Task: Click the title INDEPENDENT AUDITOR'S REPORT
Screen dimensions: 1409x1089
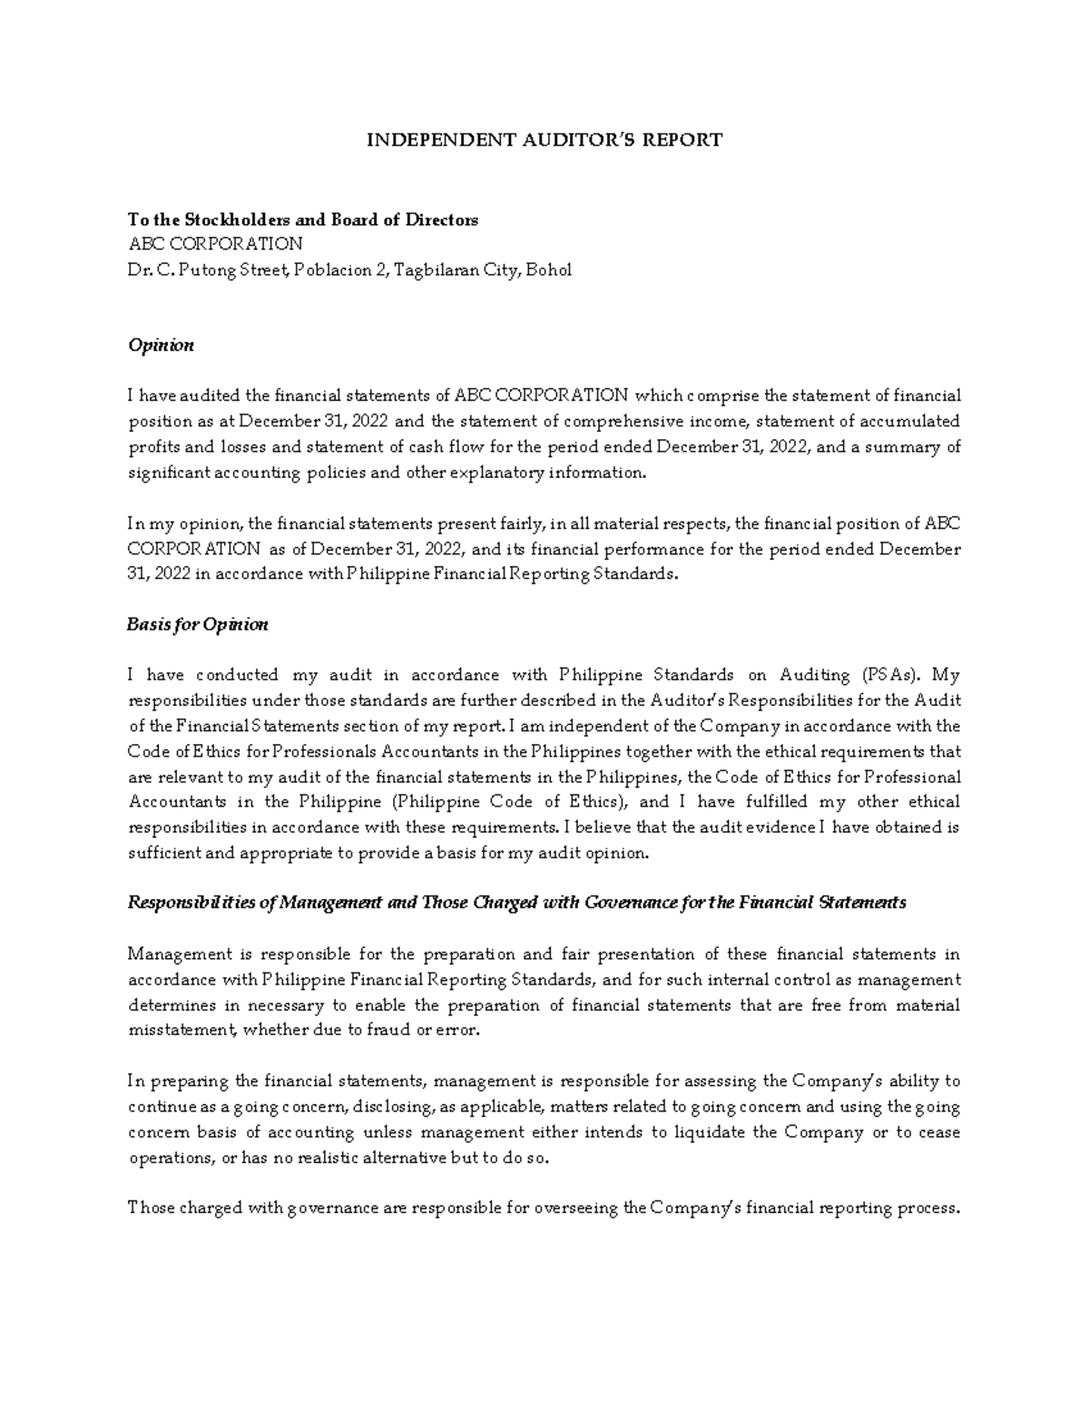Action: (544, 140)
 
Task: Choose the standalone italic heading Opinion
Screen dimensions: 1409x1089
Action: (161, 346)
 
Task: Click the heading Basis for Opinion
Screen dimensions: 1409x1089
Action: (198, 625)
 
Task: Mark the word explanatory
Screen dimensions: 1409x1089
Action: (502, 473)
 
